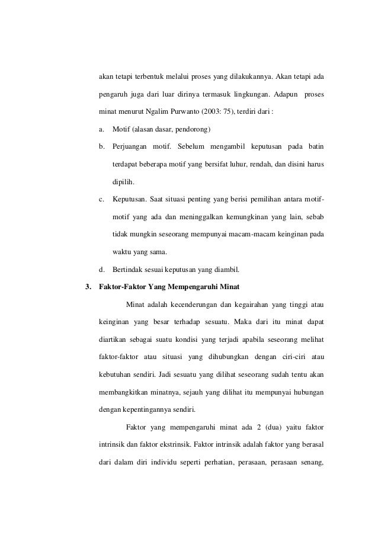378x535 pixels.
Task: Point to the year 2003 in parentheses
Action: click(x=220, y=113)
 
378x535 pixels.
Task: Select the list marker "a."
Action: click(x=101, y=130)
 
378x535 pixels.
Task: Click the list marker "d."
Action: click(x=102, y=272)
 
